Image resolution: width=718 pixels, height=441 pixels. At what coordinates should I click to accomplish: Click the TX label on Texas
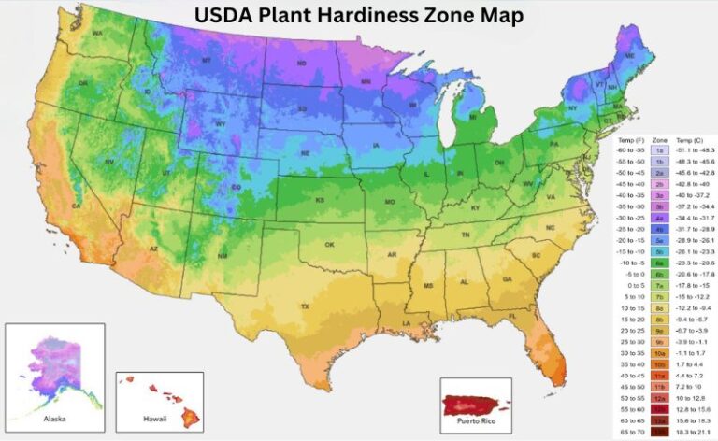click(304, 306)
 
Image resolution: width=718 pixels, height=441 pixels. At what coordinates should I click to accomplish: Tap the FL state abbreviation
click(512, 317)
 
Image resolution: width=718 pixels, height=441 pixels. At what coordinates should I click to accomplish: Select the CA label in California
click(76, 206)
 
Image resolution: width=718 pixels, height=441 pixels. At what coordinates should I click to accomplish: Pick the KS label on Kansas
click(320, 201)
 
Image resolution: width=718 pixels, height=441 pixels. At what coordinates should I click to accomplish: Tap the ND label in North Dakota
click(302, 64)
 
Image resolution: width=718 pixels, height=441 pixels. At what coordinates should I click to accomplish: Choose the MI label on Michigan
click(472, 118)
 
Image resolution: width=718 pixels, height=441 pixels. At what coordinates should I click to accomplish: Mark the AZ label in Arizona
click(154, 250)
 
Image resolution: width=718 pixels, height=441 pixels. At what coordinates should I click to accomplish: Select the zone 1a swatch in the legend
click(659, 149)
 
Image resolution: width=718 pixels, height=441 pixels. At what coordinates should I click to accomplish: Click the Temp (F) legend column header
click(631, 138)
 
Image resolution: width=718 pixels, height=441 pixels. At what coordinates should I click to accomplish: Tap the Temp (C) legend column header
click(692, 138)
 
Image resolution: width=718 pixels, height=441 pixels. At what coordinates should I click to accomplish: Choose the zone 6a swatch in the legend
click(659, 264)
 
